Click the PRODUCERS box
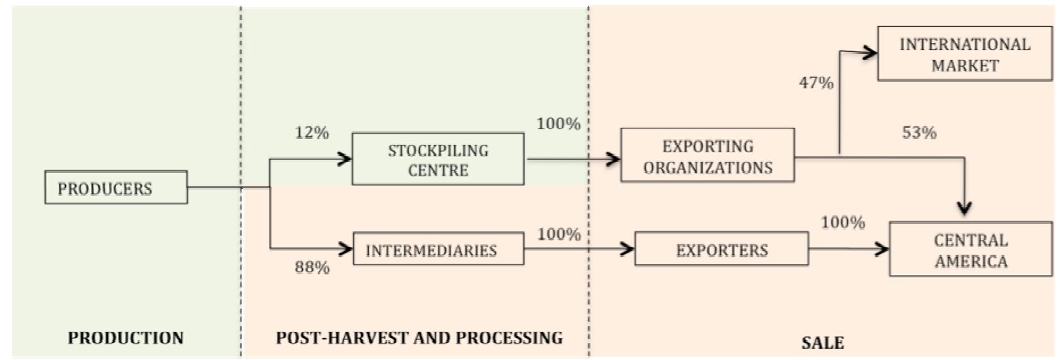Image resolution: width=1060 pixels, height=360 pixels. point(116,188)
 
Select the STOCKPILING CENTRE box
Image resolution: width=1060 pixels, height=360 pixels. point(438,159)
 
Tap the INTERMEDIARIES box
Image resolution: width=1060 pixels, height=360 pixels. point(438,249)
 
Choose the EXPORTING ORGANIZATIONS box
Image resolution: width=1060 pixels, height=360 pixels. point(707,156)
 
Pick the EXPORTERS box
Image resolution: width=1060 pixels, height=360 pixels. point(721,249)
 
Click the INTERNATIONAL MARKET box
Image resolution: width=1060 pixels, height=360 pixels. point(964,54)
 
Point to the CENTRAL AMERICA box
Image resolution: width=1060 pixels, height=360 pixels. point(970,249)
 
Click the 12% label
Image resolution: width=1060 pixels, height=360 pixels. point(311,133)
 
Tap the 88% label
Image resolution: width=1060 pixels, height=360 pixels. point(312,267)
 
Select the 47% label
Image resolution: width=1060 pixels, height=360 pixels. point(816,83)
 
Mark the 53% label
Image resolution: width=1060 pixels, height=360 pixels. point(919,133)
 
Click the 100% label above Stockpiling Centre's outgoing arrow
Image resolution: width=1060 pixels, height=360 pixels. point(558,124)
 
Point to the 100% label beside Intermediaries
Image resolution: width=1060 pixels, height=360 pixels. point(559,234)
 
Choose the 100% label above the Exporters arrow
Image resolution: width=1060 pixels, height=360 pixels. point(843,222)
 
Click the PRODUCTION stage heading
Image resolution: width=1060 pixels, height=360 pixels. point(125,338)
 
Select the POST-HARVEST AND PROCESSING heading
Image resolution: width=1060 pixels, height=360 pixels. point(419,338)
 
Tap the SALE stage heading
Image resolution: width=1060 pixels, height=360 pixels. point(822,343)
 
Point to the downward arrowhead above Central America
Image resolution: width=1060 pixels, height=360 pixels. point(964,208)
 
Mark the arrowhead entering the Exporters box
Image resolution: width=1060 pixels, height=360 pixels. point(628,248)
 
